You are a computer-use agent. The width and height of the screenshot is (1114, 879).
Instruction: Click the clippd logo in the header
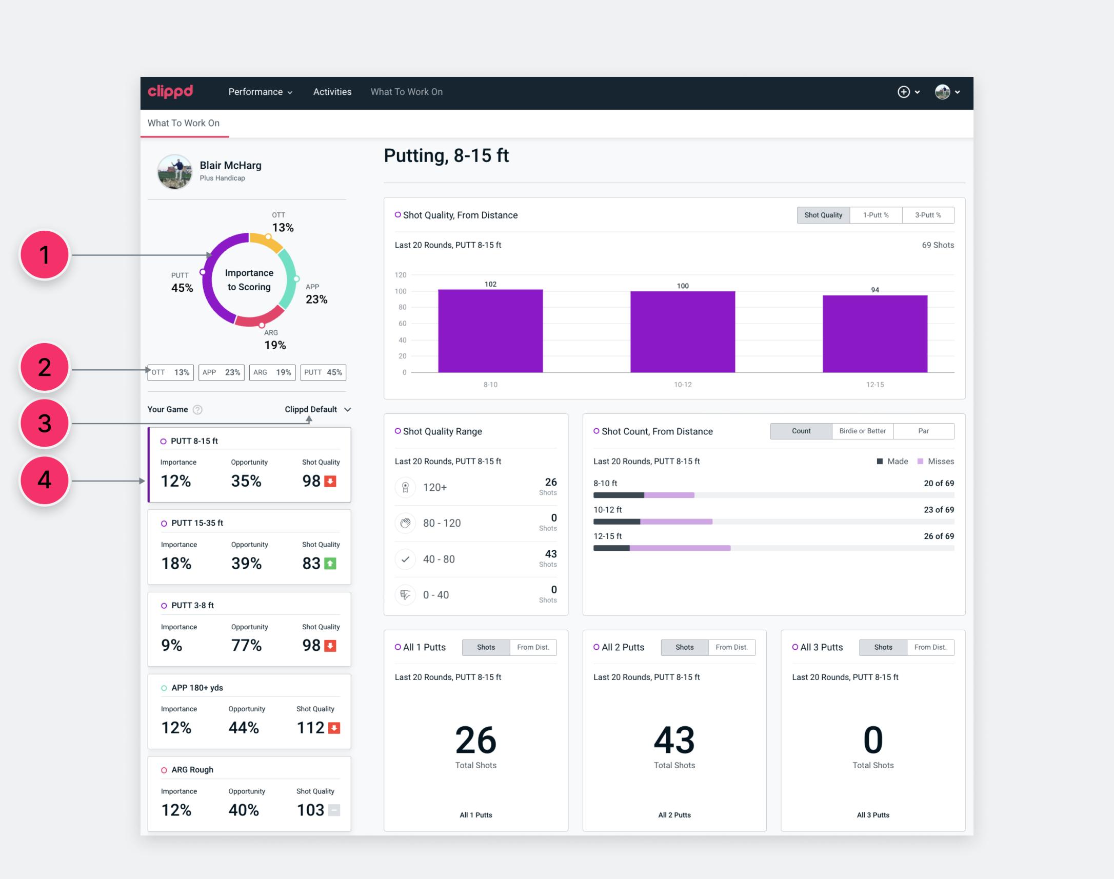pyautogui.click(x=170, y=92)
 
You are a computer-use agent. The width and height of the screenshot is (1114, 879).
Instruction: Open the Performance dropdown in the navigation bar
pyautogui.click(x=261, y=92)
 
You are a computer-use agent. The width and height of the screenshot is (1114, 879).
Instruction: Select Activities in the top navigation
pyautogui.click(x=332, y=92)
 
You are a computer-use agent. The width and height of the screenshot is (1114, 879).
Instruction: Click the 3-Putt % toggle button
pyautogui.click(x=928, y=215)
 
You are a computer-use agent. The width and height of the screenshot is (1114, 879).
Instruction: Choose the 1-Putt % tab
pyautogui.click(x=876, y=215)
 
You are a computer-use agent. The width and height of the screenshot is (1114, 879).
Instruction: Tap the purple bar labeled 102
pyautogui.click(x=490, y=330)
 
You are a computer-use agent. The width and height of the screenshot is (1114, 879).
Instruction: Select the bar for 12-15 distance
pyautogui.click(x=874, y=333)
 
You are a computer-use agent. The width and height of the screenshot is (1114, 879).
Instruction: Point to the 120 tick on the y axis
pyautogui.click(x=401, y=275)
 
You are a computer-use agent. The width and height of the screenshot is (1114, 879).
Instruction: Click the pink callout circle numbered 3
pyautogui.click(x=45, y=424)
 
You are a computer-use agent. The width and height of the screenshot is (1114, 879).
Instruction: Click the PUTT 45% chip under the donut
pyautogui.click(x=323, y=373)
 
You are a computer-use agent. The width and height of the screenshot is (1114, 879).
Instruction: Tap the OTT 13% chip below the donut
pyautogui.click(x=170, y=373)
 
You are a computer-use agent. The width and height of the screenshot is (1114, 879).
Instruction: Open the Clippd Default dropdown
pyautogui.click(x=318, y=410)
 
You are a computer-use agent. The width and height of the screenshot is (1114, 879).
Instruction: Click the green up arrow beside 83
pyautogui.click(x=331, y=564)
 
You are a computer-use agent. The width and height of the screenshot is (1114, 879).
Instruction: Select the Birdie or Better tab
pyautogui.click(x=862, y=431)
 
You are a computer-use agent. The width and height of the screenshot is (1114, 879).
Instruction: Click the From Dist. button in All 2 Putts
pyautogui.click(x=732, y=647)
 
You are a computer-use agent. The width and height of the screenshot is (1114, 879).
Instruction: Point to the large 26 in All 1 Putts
pyautogui.click(x=475, y=740)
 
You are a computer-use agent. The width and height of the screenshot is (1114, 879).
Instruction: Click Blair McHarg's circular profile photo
pyautogui.click(x=174, y=172)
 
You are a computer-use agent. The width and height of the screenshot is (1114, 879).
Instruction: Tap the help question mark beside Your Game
pyautogui.click(x=197, y=410)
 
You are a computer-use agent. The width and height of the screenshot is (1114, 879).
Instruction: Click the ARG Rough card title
pyautogui.click(x=192, y=770)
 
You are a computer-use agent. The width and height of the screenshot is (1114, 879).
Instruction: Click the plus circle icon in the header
pyautogui.click(x=904, y=92)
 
